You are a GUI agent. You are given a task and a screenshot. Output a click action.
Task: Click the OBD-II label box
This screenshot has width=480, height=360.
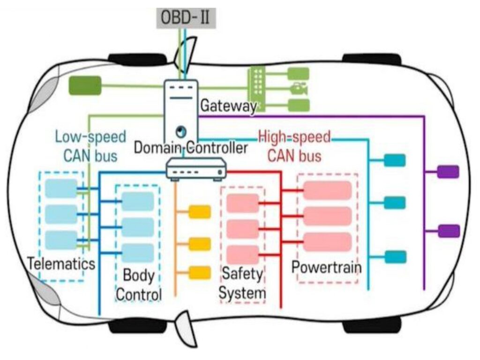186,18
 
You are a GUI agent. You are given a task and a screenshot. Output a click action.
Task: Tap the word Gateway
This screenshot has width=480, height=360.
228,106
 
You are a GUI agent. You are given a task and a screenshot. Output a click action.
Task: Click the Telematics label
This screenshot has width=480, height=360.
61,263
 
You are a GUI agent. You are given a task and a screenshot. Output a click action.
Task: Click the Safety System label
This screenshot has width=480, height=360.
242,283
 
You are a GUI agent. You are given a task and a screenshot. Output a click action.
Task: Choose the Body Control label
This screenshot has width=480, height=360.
139,285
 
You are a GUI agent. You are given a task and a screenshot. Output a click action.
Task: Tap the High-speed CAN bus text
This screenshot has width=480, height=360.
294,146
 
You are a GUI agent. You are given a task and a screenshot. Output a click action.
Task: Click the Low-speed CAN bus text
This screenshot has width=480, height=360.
90,146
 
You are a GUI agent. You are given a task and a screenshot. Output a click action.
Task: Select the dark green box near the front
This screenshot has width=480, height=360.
85,85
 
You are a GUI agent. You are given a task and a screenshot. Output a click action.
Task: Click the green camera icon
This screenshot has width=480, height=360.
299,89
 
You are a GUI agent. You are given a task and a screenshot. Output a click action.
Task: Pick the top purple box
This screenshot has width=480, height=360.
448,172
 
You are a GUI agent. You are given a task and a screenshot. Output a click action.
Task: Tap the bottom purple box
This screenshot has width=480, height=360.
449,231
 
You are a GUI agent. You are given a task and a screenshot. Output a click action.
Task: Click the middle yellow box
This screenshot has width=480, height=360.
200,244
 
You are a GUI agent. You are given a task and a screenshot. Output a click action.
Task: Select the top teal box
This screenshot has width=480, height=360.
395,160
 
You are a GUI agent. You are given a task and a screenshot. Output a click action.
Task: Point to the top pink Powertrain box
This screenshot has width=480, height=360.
327,190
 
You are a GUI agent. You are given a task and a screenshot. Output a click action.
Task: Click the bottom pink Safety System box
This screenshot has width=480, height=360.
243,255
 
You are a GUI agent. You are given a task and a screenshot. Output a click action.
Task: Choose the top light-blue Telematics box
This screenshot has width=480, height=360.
61,188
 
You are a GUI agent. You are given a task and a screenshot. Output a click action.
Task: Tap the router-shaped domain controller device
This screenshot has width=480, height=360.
196,168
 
